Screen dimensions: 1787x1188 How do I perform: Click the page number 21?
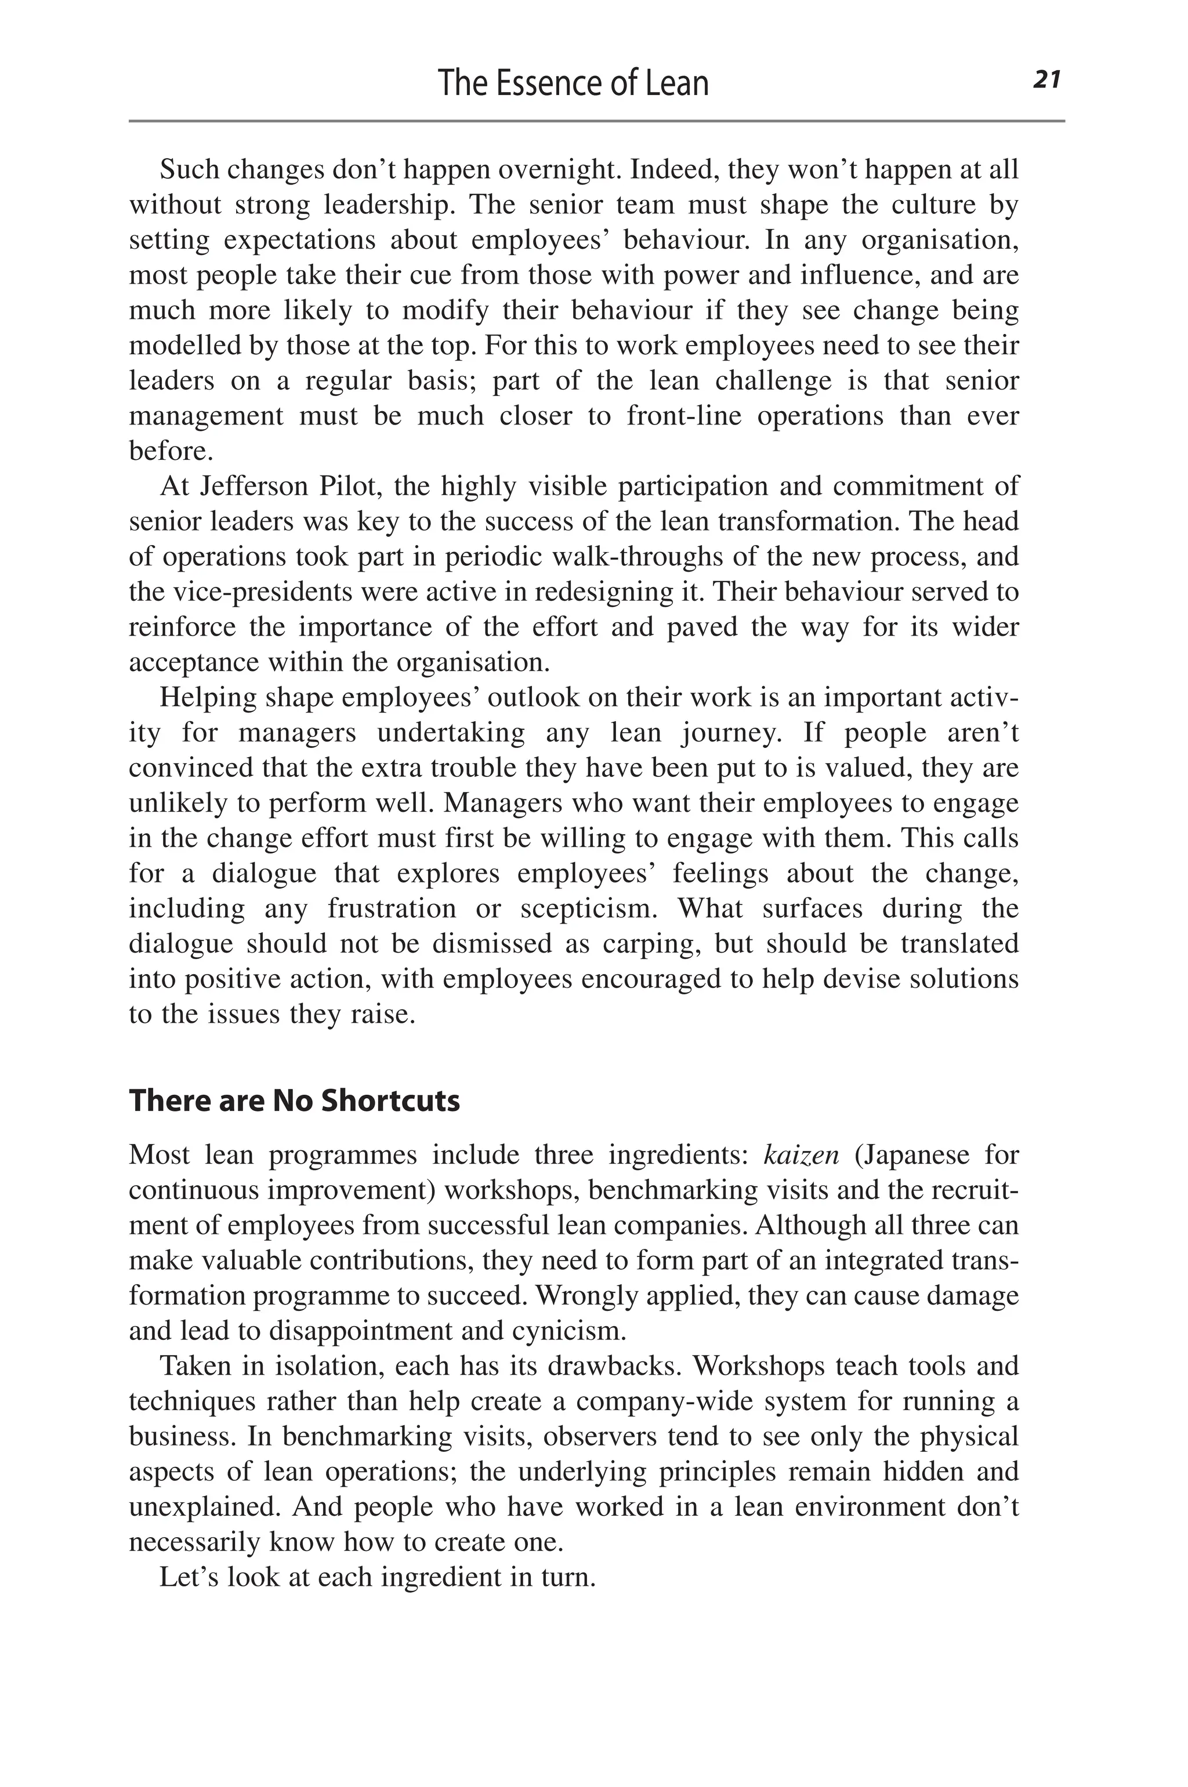click(x=1046, y=79)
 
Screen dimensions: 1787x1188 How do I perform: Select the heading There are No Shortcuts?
click(x=294, y=1100)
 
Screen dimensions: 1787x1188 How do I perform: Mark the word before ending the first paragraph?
click(x=171, y=451)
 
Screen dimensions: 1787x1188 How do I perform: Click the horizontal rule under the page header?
click(x=596, y=121)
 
